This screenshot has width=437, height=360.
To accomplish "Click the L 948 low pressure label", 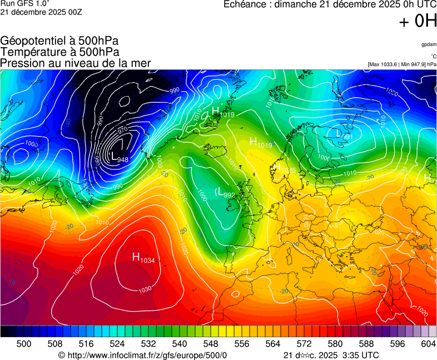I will click(120, 158).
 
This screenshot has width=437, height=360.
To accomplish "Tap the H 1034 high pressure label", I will click(143, 258).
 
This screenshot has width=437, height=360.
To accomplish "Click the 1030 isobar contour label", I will click(145, 289).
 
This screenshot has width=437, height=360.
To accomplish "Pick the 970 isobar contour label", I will click(122, 130).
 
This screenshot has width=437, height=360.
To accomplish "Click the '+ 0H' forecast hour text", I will click(417, 21).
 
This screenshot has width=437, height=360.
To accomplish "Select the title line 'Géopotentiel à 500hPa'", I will click(59, 41).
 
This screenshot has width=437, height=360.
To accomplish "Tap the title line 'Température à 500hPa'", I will click(59, 52).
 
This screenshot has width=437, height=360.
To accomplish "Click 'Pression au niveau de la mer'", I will click(76, 63).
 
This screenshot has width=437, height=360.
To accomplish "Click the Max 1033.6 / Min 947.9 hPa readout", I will click(401, 64).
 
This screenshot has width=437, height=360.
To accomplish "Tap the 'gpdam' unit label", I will click(428, 44).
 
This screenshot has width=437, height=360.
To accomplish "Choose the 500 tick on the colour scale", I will click(24, 344).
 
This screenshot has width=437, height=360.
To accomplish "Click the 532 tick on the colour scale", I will click(148, 344).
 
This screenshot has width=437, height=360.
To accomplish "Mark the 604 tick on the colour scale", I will click(428, 344).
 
